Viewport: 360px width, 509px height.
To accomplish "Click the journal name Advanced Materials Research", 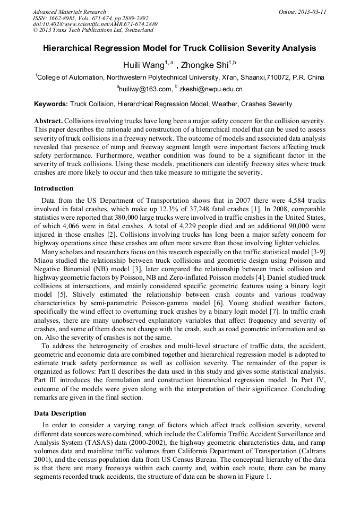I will point(69,12).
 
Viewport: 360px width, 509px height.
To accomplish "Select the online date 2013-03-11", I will point(310,12).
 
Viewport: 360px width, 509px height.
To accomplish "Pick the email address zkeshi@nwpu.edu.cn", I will point(210,89).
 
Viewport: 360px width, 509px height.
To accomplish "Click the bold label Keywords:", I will point(51,104).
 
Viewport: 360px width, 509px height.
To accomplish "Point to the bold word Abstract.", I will point(48,121).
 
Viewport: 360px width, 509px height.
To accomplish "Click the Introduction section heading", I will point(54,188).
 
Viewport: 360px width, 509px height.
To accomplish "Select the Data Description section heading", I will point(60,413).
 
